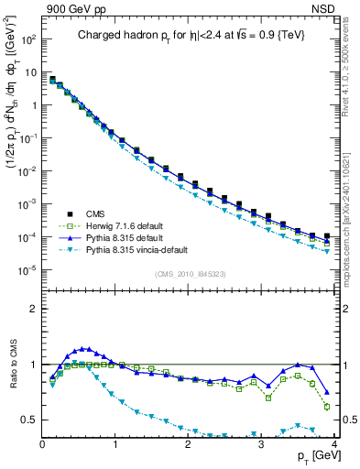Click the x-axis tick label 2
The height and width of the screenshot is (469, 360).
tap(188, 443)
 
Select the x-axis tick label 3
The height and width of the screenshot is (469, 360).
tap(261, 443)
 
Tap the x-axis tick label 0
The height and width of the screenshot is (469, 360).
tap(42, 443)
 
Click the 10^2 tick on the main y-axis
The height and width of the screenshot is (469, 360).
tap(27, 42)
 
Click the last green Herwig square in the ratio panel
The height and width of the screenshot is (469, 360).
tap(327, 407)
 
